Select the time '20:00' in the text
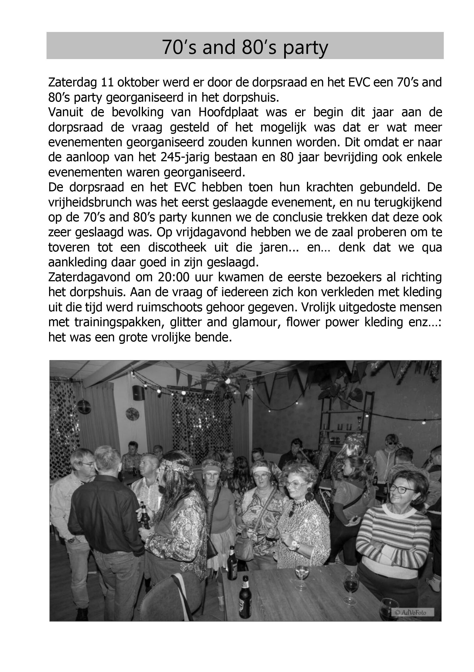click(174, 277)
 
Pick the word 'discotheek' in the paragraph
click(177, 247)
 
